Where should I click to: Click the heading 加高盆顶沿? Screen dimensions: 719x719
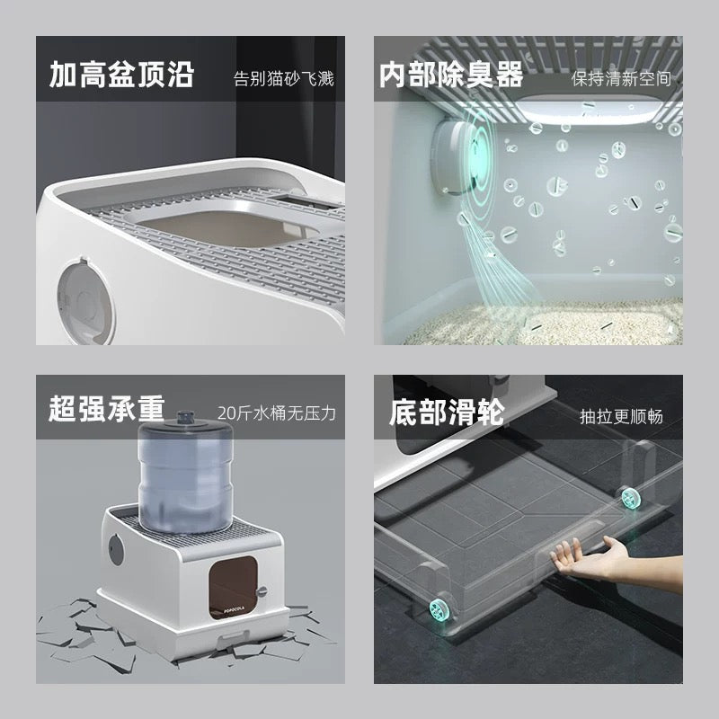click(120, 75)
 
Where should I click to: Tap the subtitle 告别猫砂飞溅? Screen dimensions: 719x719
click(283, 78)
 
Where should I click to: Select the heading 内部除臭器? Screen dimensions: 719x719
click(450, 75)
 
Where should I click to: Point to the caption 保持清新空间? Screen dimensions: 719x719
click(621, 78)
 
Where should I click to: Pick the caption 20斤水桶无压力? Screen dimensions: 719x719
click(276, 414)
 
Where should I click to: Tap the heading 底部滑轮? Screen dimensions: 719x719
click(446, 413)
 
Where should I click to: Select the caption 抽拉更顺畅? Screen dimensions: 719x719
click(621, 416)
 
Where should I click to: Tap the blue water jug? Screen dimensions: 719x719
click(187, 477)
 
